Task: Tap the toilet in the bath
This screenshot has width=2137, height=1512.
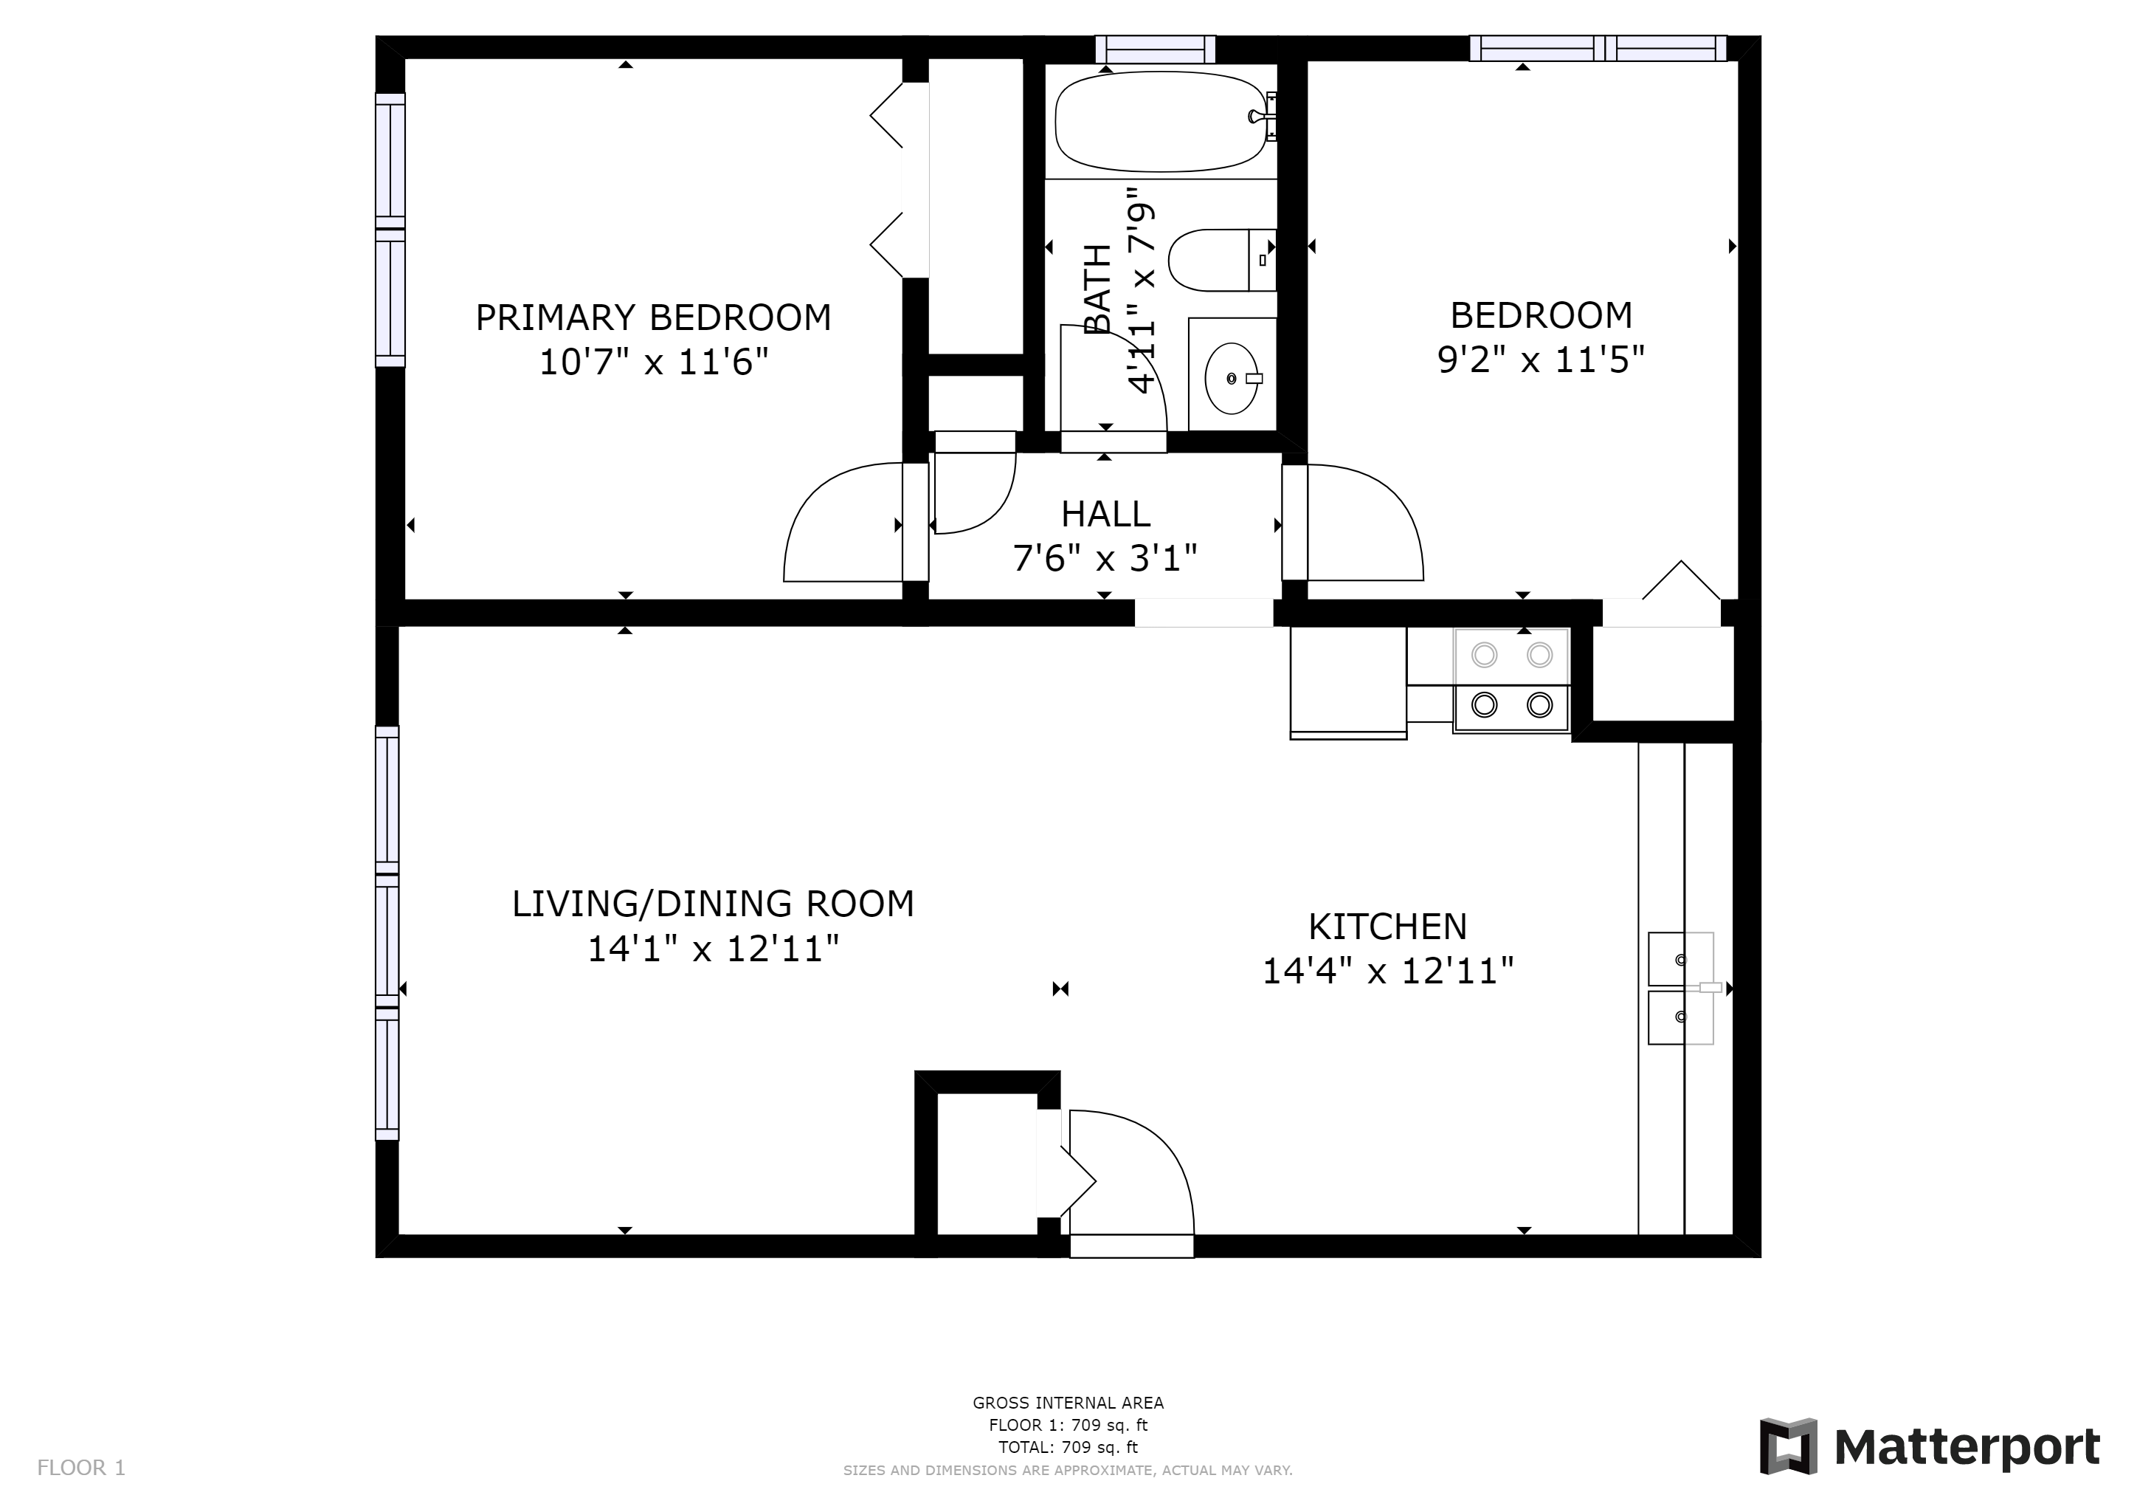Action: pyautogui.click(x=1222, y=260)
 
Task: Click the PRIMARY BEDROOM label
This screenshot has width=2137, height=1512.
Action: pyautogui.click(x=653, y=317)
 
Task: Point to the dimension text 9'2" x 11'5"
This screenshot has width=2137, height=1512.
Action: pyautogui.click(x=1542, y=359)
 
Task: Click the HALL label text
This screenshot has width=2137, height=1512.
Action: pyautogui.click(x=1105, y=514)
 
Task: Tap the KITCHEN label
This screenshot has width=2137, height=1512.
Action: pyautogui.click(x=1388, y=927)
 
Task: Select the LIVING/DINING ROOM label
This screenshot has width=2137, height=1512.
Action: pyautogui.click(x=713, y=904)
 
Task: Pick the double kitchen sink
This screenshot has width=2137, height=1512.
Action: pyautogui.click(x=1681, y=988)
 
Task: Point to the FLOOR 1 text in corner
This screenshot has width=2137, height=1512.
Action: pyautogui.click(x=81, y=1468)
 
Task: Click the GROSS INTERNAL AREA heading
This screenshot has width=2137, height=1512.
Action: pyautogui.click(x=1068, y=1402)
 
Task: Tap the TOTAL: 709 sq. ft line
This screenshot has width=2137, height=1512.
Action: pyautogui.click(x=1068, y=1447)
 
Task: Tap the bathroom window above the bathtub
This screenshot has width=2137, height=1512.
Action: pyautogui.click(x=1155, y=49)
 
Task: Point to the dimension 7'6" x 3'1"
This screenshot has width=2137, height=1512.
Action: pyautogui.click(x=1105, y=559)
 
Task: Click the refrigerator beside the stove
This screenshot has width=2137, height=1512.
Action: pyautogui.click(x=1347, y=682)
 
